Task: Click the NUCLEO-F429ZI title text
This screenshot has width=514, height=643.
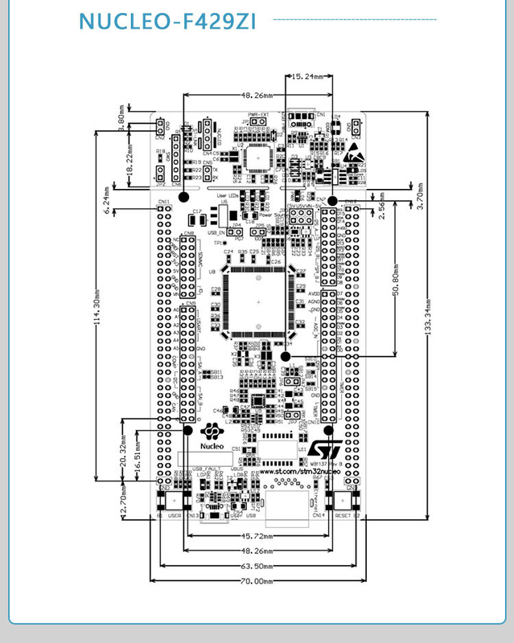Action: tap(168, 22)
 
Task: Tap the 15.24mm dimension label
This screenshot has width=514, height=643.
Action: tap(309, 76)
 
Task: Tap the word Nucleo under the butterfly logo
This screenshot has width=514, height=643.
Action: tap(212, 444)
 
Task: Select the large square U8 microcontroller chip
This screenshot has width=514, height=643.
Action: tap(257, 302)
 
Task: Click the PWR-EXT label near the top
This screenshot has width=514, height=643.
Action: tap(257, 115)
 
